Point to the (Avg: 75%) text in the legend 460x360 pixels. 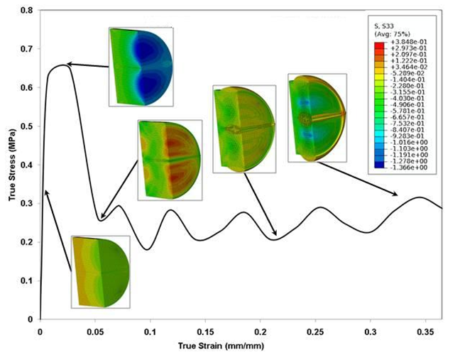(391, 33)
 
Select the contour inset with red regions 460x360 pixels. (170, 160)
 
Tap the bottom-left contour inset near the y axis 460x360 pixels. (100, 271)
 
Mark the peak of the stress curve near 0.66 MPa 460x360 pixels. (61, 64)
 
